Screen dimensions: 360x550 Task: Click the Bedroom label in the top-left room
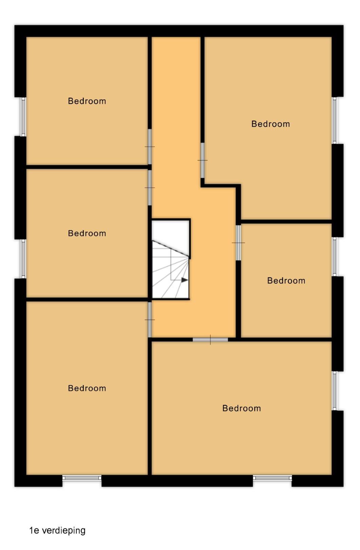click(x=87, y=101)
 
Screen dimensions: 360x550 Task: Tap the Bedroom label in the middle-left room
click(x=87, y=233)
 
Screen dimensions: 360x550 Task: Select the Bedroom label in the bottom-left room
click(x=87, y=388)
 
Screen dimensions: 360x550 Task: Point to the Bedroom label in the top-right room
click(x=270, y=124)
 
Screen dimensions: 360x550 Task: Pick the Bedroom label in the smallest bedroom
click(x=286, y=281)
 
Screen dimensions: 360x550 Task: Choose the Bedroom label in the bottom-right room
click(x=242, y=408)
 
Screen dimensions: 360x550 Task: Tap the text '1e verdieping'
click(x=57, y=531)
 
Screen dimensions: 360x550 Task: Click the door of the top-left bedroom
click(x=150, y=147)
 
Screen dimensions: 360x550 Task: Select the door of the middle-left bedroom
click(x=150, y=188)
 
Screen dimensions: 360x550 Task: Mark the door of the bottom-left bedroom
click(x=150, y=320)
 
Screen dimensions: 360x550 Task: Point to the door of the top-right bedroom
click(x=203, y=160)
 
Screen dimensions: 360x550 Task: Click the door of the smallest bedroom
click(x=238, y=243)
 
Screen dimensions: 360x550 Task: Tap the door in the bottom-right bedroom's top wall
click(x=210, y=340)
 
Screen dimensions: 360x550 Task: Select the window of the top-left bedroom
click(x=23, y=117)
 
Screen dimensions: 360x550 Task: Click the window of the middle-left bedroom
click(x=23, y=259)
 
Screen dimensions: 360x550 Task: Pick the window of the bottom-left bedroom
click(x=82, y=478)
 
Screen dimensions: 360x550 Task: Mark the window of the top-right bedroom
click(x=334, y=120)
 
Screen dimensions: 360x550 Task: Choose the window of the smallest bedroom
click(x=334, y=257)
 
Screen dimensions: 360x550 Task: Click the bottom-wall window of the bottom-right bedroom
click(x=272, y=478)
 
